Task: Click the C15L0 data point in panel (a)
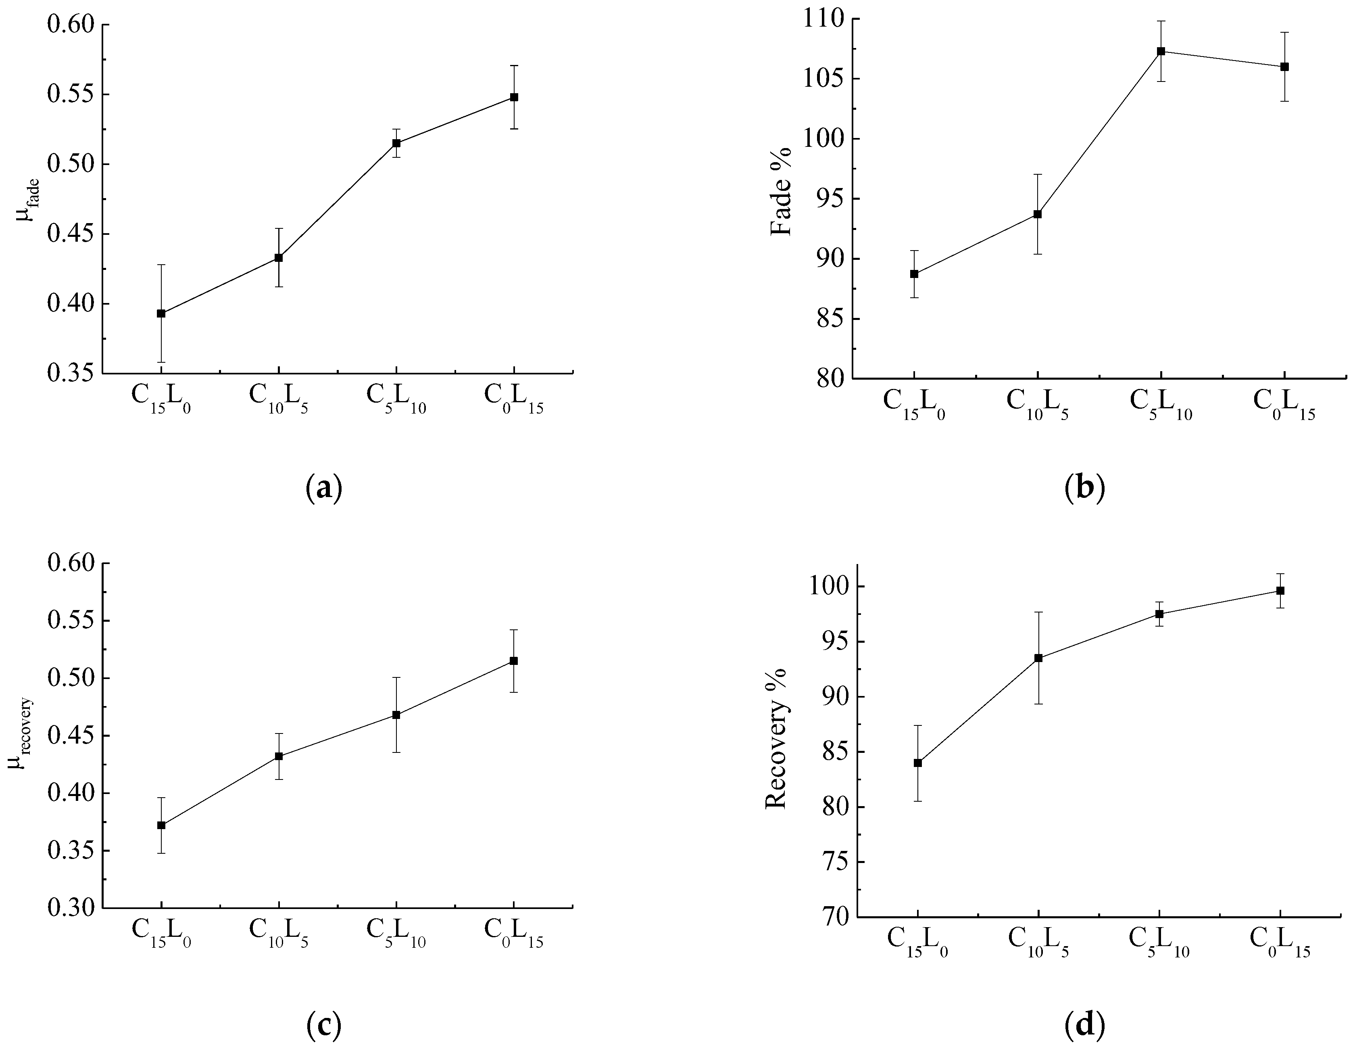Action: point(161,313)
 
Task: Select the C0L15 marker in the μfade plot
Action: point(514,98)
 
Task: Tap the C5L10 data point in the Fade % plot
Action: point(1161,51)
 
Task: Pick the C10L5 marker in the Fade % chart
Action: point(1037,214)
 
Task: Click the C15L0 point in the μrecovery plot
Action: point(161,825)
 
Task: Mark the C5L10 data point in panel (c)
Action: point(396,715)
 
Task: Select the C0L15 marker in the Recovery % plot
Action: point(1280,590)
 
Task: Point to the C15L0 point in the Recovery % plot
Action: point(917,763)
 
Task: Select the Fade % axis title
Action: point(781,191)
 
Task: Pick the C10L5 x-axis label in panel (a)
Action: point(279,397)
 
